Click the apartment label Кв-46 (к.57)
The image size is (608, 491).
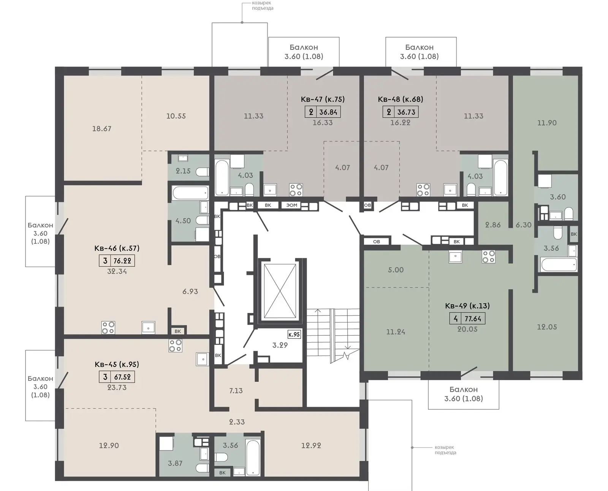117,248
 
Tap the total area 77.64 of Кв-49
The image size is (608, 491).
473,318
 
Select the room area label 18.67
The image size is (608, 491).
101,129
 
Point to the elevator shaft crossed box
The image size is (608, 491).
280,291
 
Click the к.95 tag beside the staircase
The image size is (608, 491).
294,335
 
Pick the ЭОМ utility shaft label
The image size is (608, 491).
291,205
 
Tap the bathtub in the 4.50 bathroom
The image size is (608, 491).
190,193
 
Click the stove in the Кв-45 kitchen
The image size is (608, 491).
175,346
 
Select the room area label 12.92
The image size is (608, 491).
311,445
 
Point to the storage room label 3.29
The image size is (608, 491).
280,345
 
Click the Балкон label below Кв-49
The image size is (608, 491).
464,390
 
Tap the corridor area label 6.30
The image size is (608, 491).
524,225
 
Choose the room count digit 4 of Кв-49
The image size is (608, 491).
456,318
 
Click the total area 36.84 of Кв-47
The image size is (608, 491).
328,112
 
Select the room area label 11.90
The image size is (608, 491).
547,123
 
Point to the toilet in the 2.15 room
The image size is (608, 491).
202,172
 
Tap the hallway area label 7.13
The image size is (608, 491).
236,391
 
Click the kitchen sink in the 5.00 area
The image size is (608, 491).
455,256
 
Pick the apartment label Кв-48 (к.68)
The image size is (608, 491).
401,99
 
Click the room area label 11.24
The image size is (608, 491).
396,332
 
